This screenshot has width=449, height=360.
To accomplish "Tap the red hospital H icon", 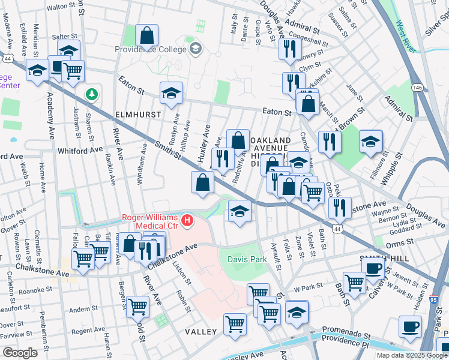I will point(188,221).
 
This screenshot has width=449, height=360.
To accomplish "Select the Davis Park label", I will point(247,259).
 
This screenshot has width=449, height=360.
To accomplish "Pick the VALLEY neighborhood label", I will point(200,332).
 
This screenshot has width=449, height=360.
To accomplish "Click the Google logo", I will point(20,352).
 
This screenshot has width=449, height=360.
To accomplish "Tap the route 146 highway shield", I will point(417,88).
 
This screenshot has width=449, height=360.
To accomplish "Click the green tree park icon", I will point(91,94).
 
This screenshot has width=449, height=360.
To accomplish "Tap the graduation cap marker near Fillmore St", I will point(370,142).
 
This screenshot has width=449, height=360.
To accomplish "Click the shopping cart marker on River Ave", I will point(139,306).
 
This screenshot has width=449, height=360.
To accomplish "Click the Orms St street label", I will point(397,244).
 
